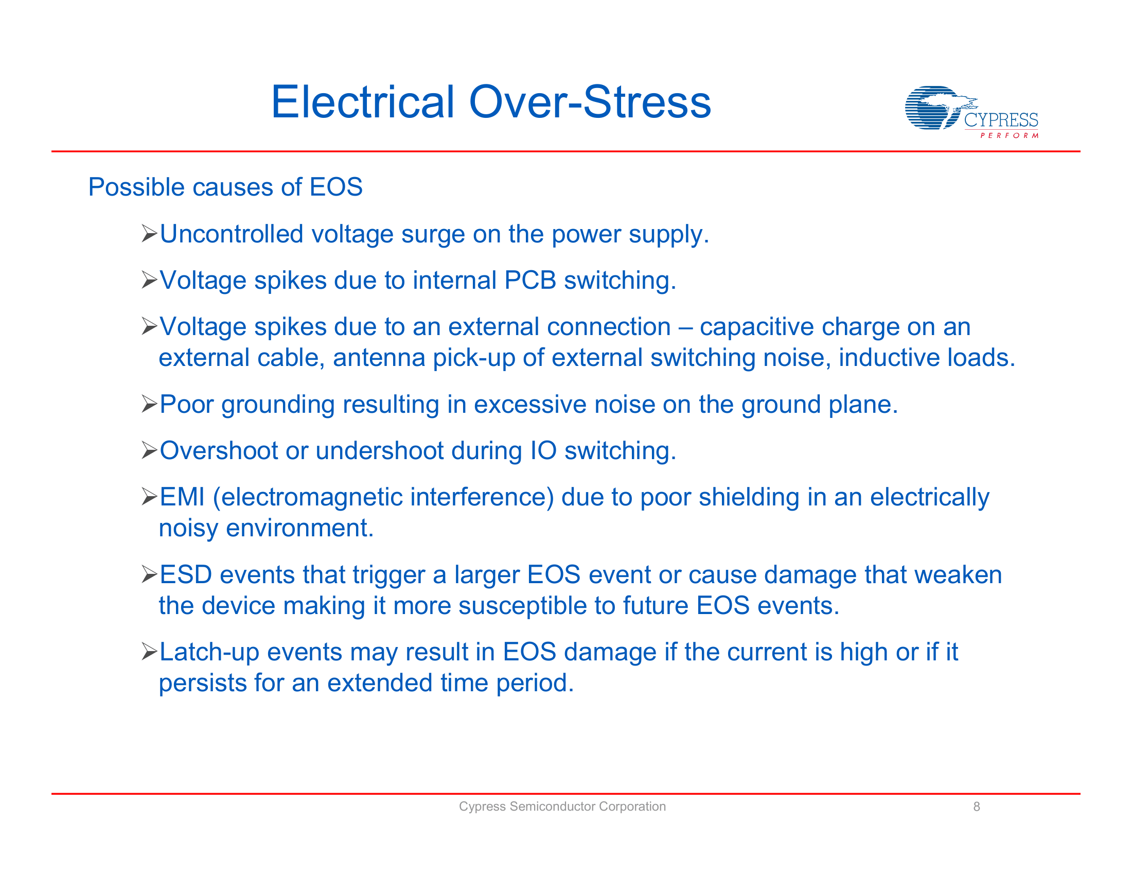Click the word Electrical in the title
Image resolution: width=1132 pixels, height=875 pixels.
pos(362,102)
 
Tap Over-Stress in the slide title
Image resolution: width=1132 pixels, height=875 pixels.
pos(589,102)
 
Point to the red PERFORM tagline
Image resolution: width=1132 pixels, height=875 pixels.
pos(1009,136)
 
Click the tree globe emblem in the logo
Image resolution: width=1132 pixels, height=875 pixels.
pos(933,108)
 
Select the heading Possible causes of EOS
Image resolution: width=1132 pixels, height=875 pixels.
pos(225,187)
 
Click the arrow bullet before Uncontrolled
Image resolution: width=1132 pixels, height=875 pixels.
pos(149,234)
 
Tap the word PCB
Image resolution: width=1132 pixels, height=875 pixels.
pos(529,281)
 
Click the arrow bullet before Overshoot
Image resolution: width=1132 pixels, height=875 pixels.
pos(149,450)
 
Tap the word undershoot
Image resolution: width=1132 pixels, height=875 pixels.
pos(379,450)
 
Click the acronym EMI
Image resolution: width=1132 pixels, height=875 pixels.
pos(182,497)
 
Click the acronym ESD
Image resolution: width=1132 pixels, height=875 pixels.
pos(186,575)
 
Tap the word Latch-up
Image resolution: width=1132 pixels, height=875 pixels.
pos(209,652)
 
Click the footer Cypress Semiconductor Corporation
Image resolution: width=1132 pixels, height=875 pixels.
pos(562,807)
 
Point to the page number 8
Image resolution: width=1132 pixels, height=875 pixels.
pos(977,807)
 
